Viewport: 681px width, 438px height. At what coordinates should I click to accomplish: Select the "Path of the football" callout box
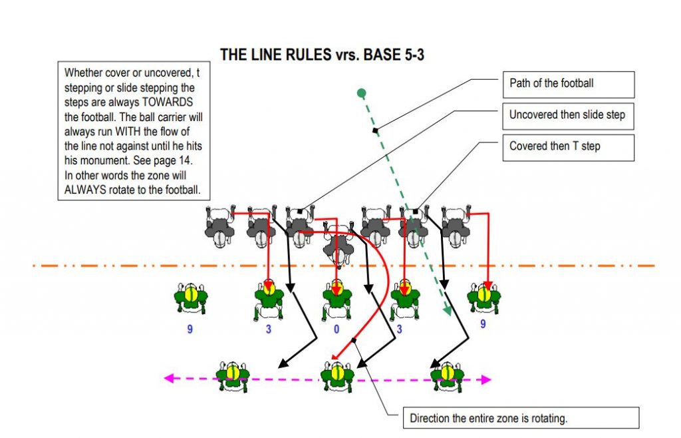coord(567,84)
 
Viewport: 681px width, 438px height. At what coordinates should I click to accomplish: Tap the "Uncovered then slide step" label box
coord(567,115)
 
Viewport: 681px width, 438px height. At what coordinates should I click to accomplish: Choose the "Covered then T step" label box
coord(567,146)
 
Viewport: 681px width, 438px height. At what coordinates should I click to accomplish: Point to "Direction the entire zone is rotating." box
coord(521,418)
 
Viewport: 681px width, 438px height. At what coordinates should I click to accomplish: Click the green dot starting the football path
coord(361,93)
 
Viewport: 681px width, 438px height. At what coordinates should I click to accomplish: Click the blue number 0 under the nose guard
coord(336,329)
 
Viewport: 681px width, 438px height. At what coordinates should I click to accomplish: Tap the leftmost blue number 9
coord(190,329)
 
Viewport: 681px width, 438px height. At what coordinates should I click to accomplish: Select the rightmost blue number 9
coord(483,324)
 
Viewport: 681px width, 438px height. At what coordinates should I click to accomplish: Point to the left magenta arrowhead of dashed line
coord(169,379)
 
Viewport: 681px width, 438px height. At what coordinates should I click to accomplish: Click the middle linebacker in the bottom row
coord(337,376)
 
